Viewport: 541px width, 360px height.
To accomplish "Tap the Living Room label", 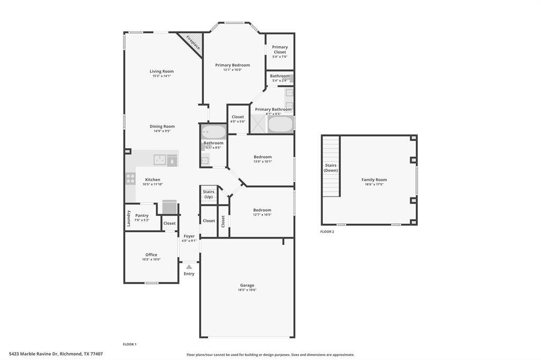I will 161,71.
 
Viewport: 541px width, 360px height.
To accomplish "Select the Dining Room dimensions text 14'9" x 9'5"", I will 162,131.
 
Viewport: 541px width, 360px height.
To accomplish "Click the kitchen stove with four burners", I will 130,178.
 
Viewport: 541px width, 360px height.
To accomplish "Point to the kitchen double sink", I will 160,159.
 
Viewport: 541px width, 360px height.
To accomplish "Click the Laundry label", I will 128,218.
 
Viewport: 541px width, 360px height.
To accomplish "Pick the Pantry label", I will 142,215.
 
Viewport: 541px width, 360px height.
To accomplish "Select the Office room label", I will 151,255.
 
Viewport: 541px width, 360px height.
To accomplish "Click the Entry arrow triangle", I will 189,267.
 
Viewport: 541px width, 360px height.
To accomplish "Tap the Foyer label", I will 189,236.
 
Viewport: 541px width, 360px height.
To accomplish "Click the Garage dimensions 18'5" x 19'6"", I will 247,290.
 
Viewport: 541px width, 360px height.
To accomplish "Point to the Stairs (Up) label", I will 209,194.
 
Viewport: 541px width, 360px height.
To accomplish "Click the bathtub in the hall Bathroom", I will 213,131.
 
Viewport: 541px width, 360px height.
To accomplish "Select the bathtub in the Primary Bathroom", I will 280,125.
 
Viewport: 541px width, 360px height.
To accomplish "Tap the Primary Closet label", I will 280,50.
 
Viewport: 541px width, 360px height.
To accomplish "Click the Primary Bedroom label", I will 232,65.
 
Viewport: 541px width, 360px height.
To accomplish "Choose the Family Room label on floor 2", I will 374,180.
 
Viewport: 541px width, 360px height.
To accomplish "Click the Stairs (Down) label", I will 331,168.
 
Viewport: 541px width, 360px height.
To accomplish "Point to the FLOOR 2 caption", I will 328,232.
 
